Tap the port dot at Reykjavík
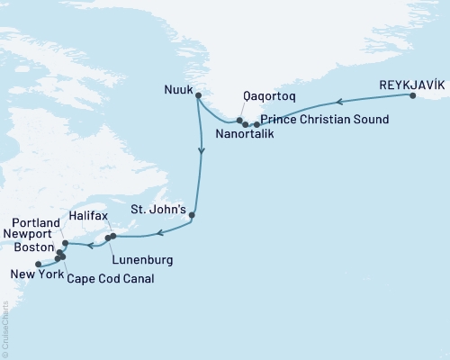tap(412, 95)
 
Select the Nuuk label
tap(178, 90)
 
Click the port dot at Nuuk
tap(198, 95)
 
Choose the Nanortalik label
tap(244, 135)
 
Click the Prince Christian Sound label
tap(325, 120)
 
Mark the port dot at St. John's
tap(193, 216)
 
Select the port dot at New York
tap(38, 264)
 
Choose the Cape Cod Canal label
tap(109, 278)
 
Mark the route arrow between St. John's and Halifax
tap(159, 234)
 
